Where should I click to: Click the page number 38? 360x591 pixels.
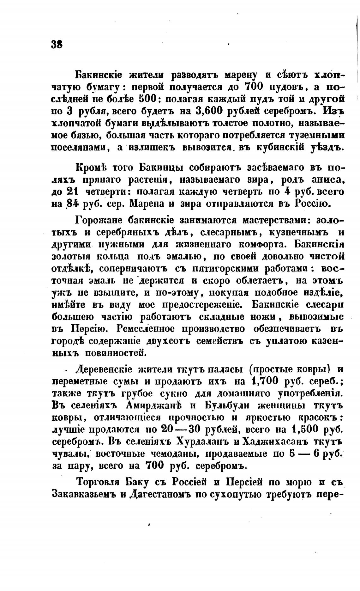[x=57, y=44]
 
